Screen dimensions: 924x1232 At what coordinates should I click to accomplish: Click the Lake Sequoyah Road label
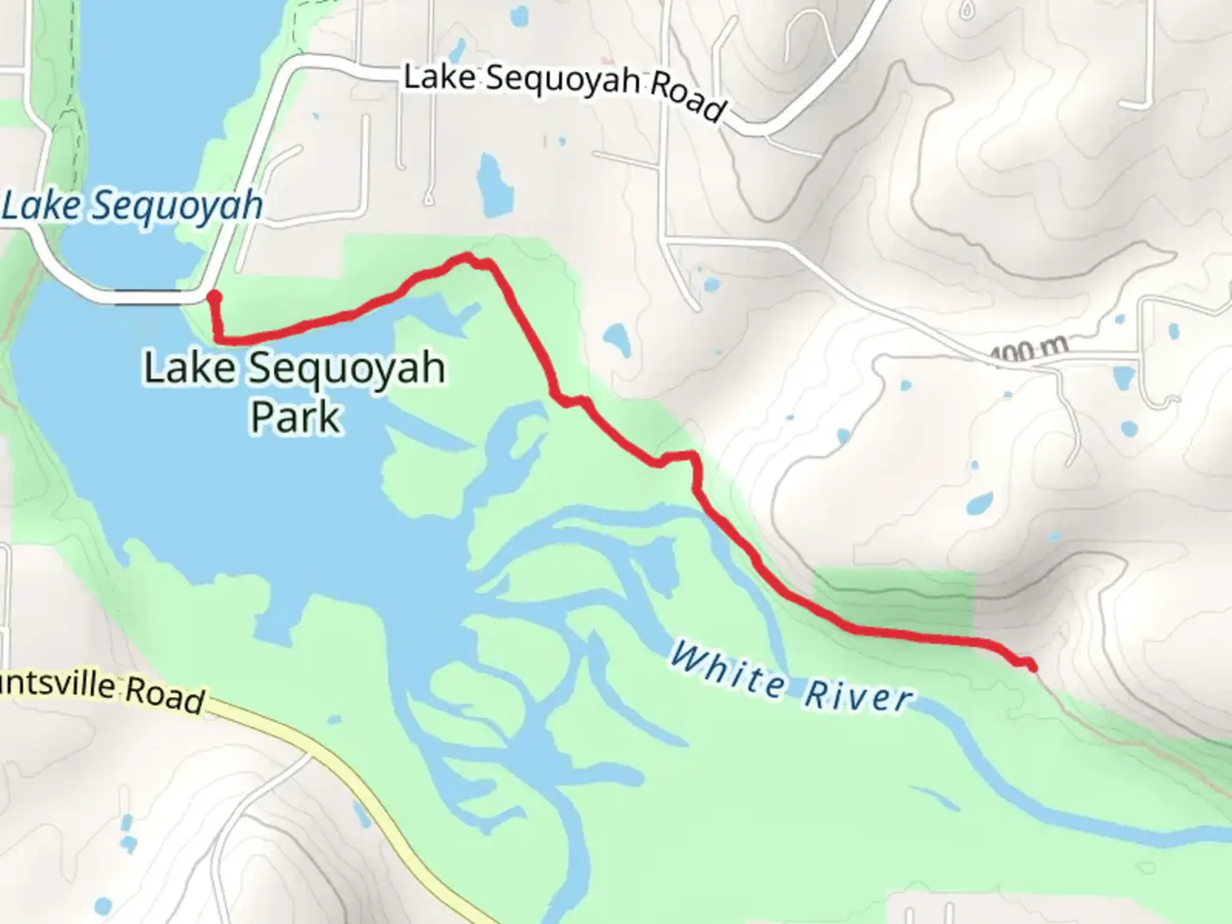click(x=565, y=91)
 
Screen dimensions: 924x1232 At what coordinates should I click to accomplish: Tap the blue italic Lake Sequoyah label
click(x=133, y=206)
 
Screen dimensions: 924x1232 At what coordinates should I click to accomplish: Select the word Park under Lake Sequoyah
click(x=295, y=417)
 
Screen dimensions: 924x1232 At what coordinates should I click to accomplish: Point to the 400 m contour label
click(x=1030, y=348)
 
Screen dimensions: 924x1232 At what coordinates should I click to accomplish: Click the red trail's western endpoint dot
click(x=214, y=297)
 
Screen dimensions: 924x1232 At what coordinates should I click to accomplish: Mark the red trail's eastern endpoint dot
click(x=1031, y=666)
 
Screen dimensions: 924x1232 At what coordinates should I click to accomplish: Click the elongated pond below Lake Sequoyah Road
click(x=492, y=185)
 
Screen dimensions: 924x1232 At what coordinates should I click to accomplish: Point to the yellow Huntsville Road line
click(x=359, y=787)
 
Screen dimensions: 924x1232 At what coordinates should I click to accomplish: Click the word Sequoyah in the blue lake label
click(x=176, y=206)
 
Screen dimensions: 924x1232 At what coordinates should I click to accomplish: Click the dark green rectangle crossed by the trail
click(x=893, y=599)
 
